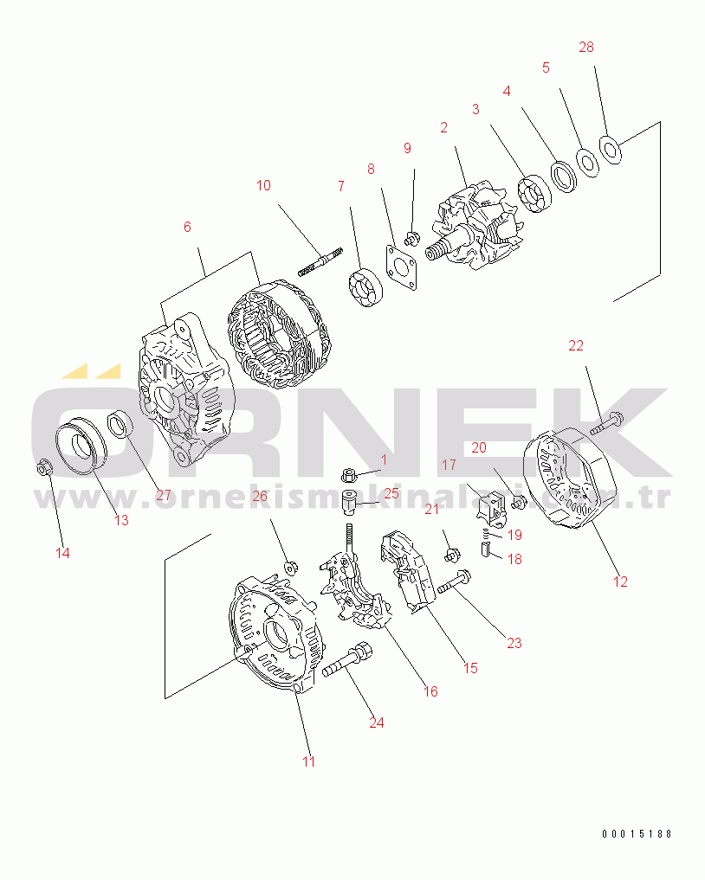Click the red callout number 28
[x=585, y=47]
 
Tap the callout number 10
[x=263, y=185]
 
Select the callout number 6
[x=187, y=227]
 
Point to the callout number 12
[x=620, y=581]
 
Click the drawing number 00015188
[x=637, y=834]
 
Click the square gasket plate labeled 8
[x=401, y=267]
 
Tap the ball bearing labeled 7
[x=365, y=287]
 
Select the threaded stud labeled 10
[x=320, y=262]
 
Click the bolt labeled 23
[x=454, y=581]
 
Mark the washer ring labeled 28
[x=610, y=150]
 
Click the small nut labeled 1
[x=349, y=475]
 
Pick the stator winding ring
[x=280, y=336]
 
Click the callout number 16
[x=430, y=691]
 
